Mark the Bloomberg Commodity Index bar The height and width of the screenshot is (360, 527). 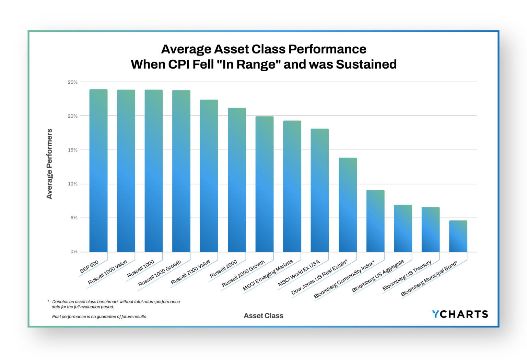[x=375, y=221]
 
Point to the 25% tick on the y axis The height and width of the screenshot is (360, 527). [x=73, y=82]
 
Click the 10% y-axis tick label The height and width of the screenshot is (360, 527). [x=73, y=184]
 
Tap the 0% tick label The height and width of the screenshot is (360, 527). [x=74, y=252]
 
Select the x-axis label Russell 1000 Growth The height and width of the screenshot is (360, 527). [x=160, y=274]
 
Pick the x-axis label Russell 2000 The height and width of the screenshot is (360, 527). [x=223, y=269]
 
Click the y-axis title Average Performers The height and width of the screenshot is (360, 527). [x=49, y=164]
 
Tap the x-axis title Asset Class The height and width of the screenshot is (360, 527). [x=263, y=316]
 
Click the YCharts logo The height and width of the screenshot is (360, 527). [x=460, y=314]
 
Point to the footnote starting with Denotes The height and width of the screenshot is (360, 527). [x=116, y=304]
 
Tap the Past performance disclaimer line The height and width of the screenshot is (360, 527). [x=99, y=316]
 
